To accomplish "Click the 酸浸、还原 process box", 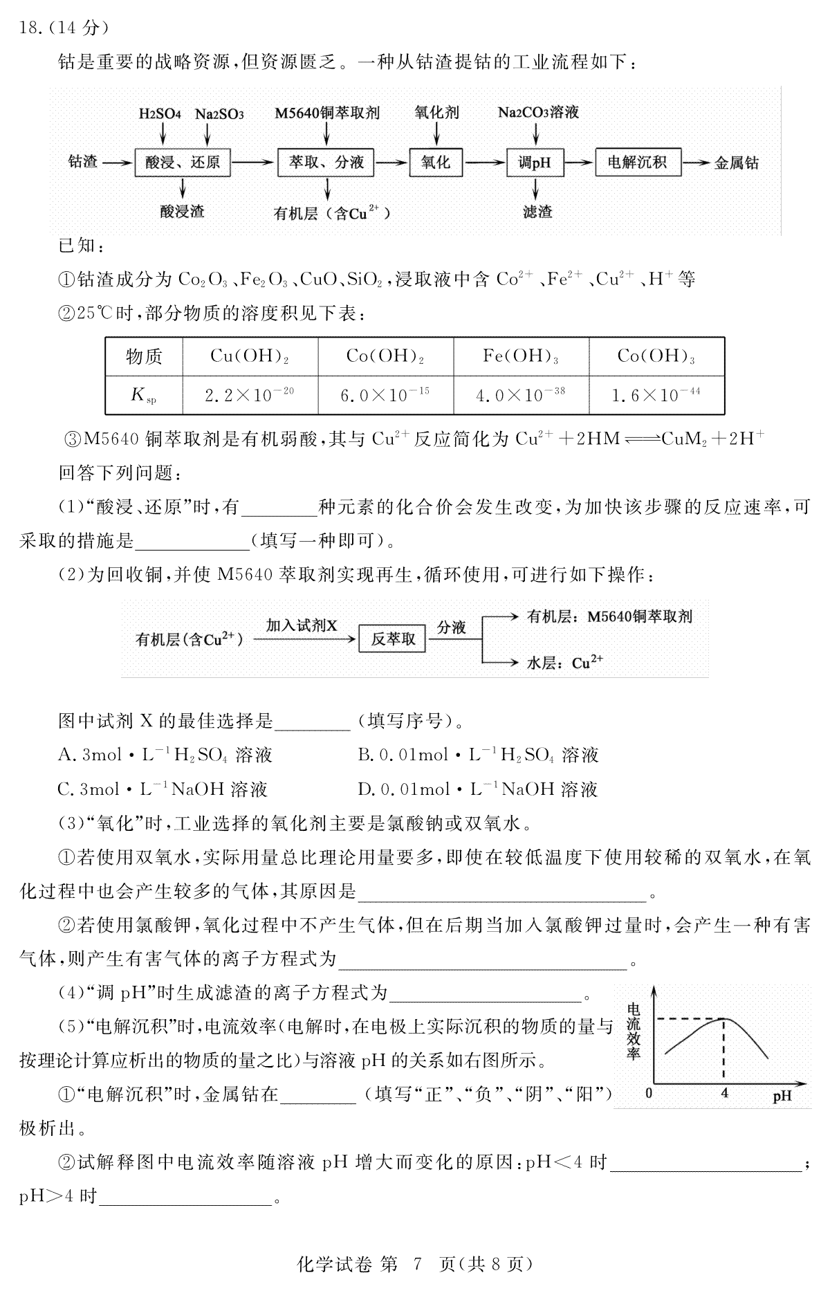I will (x=183, y=163).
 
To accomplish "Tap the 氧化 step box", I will (x=436, y=163).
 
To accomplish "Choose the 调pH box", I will (x=535, y=163).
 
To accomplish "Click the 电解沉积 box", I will (x=637, y=163).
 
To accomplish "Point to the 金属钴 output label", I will (x=737, y=163).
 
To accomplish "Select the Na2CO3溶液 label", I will (x=538, y=113).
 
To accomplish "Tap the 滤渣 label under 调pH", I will (x=537, y=212).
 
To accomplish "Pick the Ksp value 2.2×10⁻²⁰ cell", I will (x=250, y=395).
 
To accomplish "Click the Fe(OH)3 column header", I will (x=521, y=356).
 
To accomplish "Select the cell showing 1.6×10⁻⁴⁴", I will (x=656, y=395).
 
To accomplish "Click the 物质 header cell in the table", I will (x=144, y=357).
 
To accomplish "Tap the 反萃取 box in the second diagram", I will (x=394, y=639).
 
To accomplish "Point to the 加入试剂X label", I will (x=302, y=625).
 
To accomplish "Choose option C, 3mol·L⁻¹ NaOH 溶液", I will (x=163, y=789).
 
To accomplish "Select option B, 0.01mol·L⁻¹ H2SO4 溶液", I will (x=478, y=754).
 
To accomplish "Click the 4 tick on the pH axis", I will (x=725, y=1094).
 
